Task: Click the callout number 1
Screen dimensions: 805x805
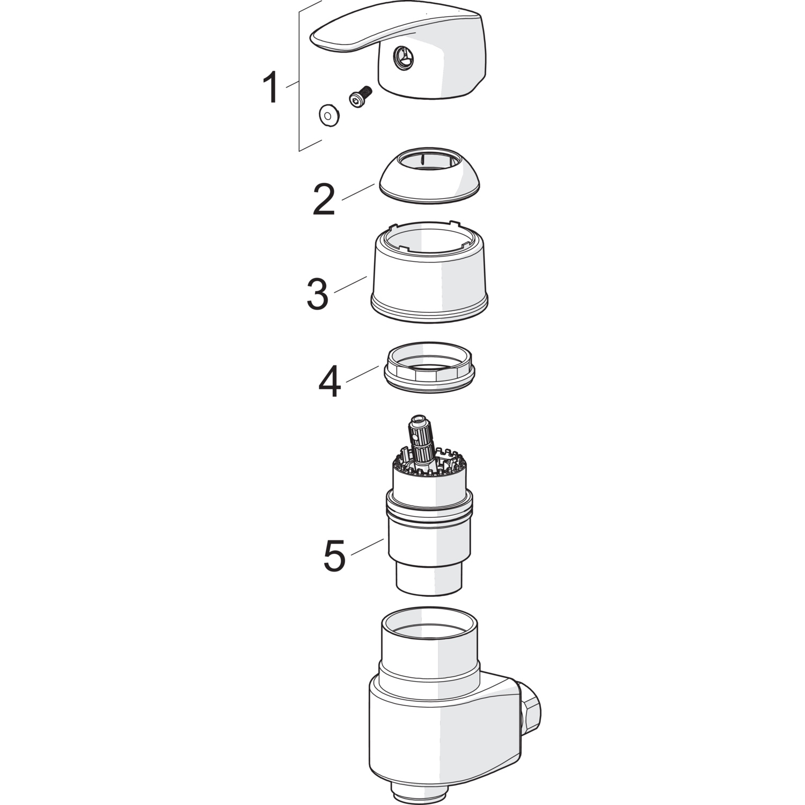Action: tap(272, 89)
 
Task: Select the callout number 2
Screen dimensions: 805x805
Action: tap(324, 200)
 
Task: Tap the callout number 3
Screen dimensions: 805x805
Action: tap(317, 294)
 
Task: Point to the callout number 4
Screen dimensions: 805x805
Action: tap(330, 382)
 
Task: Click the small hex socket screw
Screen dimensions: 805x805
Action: tap(360, 96)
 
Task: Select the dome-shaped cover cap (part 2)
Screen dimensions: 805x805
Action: tap(429, 175)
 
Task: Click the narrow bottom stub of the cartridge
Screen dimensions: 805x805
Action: tap(429, 576)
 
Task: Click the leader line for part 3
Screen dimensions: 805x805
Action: tap(350, 284)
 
